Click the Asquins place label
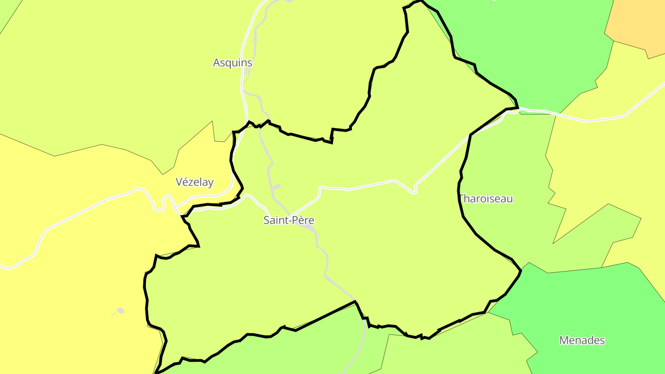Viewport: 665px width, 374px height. pyautogui.click(x=232, y=63)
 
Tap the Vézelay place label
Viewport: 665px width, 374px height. pyautogui.click(x=194, y=182)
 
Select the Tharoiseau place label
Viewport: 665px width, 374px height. pyautogui.click(x=486, y=199)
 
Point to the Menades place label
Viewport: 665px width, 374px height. pyautogui.click(x=582, y=341)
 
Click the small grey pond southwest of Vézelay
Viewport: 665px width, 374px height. pyautogui.click(x=121, y=311)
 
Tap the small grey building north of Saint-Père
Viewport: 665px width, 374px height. pyautogui.click(x=277, y=187)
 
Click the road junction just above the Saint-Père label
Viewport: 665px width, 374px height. pyautogui.click(x=290, y=215)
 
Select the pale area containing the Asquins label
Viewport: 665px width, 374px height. pyautogui.click(x=115, y=69)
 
